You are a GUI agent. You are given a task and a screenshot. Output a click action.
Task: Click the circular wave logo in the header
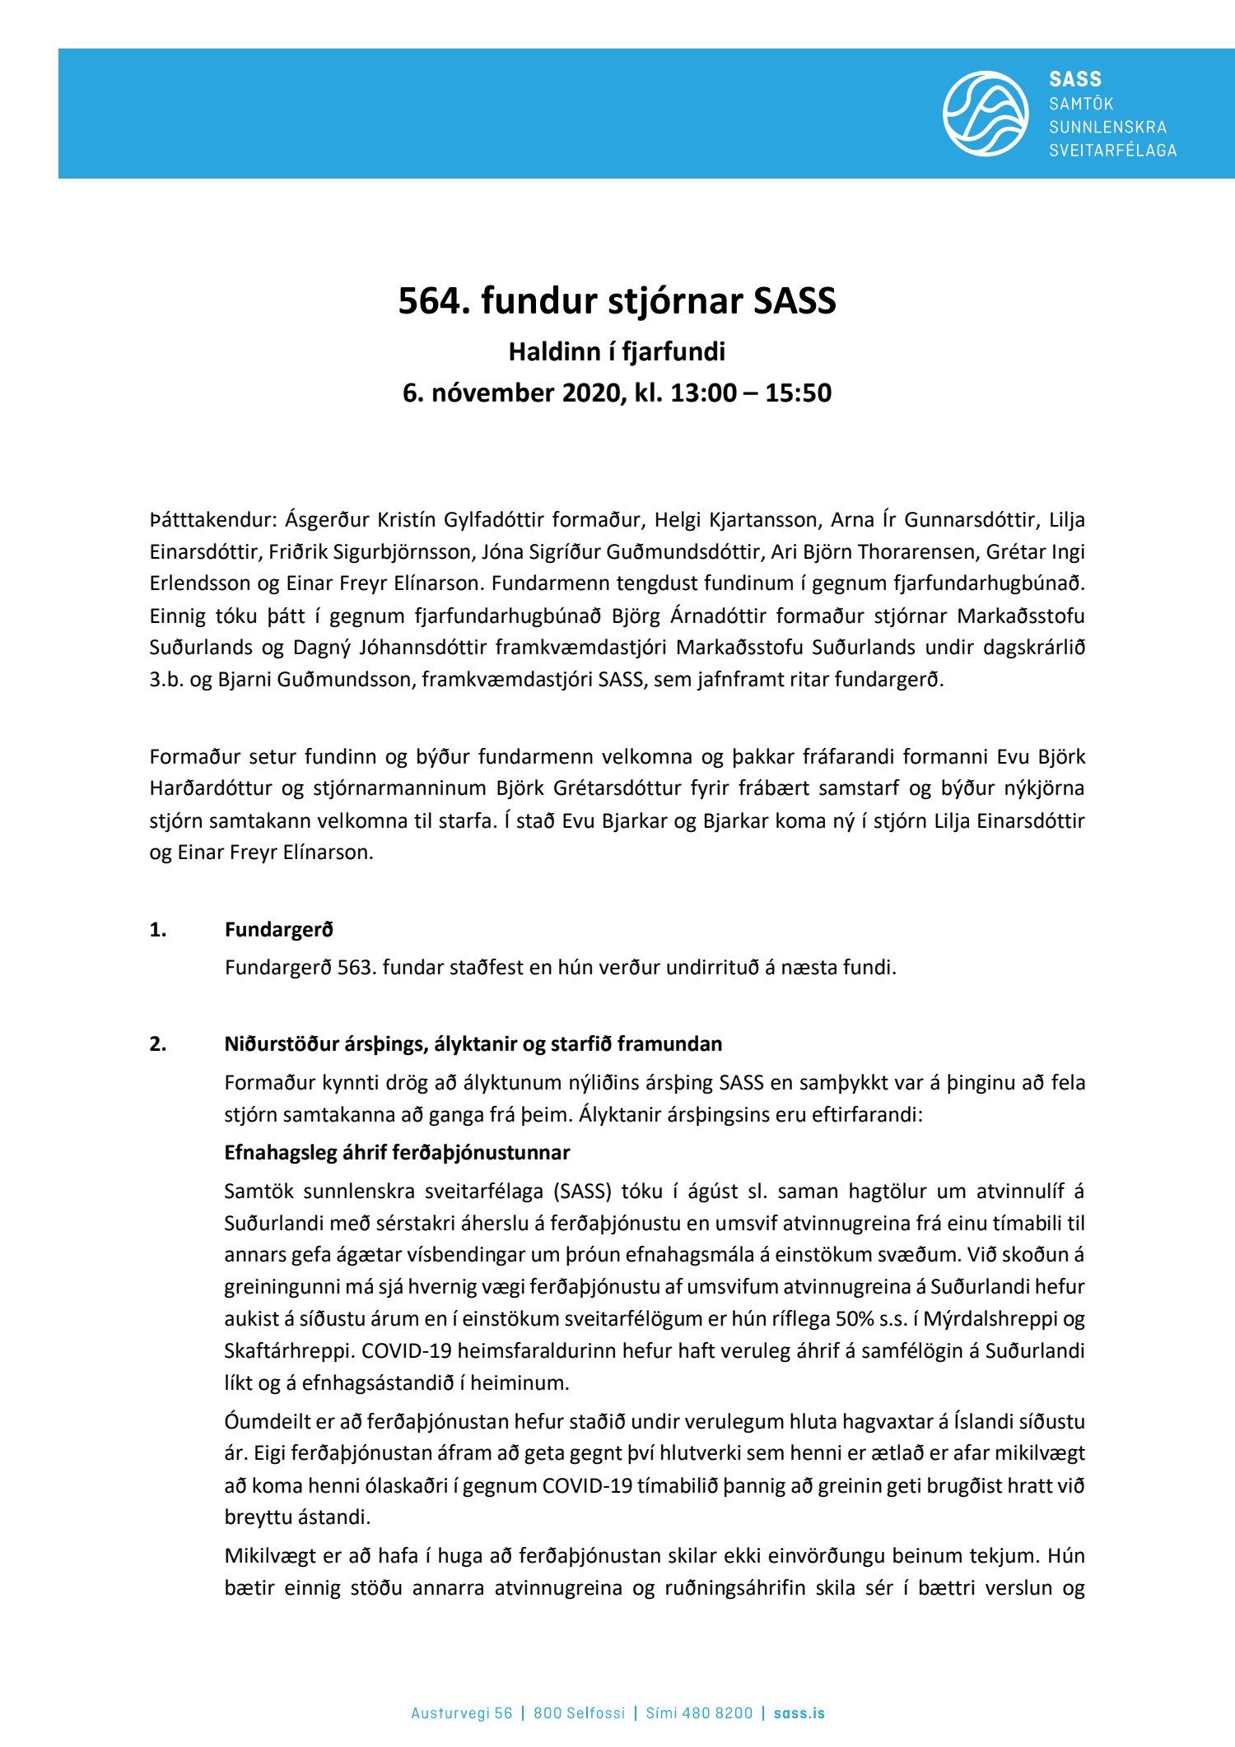985,114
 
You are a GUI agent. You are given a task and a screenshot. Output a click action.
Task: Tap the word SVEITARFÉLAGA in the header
1112,151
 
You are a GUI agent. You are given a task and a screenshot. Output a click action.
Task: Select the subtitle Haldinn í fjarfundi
617,352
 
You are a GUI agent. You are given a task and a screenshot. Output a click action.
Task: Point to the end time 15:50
798,393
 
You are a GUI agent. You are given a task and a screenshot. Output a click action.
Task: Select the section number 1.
158,930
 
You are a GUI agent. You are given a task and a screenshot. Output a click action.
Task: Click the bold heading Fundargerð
279,930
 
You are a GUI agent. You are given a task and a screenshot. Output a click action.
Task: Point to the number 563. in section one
357,968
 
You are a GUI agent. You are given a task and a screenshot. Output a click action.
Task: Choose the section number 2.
158,1044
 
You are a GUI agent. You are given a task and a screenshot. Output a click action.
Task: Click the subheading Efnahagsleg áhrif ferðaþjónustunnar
397,1153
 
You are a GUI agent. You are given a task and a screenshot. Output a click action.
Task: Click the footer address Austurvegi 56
461,1690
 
